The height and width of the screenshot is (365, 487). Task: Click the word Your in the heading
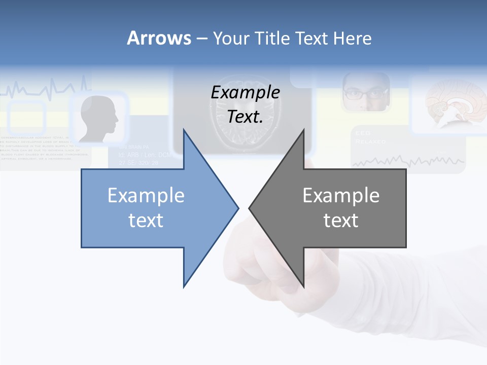pyautogui.click(x=229, y=38)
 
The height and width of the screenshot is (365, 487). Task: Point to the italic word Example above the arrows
pyautogui.click(x=245, y=92)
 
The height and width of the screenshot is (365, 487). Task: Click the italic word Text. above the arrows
pyautogui.click(x=245, y=117)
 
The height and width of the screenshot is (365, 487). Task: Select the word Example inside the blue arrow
pyautogui.click(x=146, y=195)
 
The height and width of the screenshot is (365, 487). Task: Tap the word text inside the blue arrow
pyautogui.click(x=146, y=220)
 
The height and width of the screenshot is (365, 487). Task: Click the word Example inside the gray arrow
pyautogui.click(x=341, y=195)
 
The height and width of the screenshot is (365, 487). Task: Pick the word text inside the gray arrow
pyautogui.click(x=341, y=220)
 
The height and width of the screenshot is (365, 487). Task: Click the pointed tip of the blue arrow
pyautogui.click(x=237, y=208)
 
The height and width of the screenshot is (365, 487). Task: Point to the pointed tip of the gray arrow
pyautogui.click(x=250, y=208)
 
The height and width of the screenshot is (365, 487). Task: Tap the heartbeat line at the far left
pyautogui.click(x=46, y=90)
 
